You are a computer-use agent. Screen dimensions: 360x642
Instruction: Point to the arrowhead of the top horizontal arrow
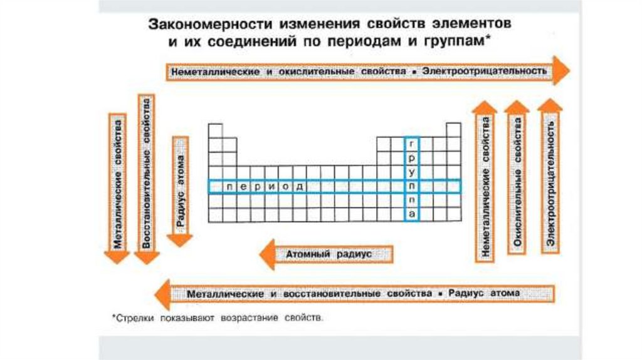[560, 70]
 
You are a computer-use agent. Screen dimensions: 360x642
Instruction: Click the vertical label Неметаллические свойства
[485, 186]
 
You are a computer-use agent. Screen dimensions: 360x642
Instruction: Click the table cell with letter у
[411, 172]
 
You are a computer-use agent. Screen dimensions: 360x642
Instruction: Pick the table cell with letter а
[411, 214]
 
